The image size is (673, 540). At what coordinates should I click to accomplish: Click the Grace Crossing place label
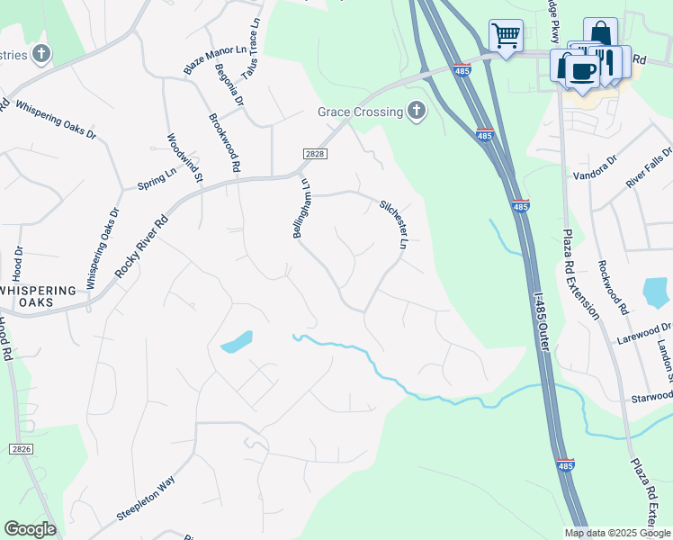coord(359,112)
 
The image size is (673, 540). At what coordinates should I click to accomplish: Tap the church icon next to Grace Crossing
coord(415,112)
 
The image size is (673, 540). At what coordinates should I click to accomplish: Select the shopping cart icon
coord(506,37)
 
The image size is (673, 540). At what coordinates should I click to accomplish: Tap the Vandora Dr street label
coord(596,166)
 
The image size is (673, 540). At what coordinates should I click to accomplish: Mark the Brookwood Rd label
coord(224,142)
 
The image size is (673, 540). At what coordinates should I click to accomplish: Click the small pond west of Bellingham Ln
coord(237,341)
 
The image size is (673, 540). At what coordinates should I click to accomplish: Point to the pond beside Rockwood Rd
coord(657,292)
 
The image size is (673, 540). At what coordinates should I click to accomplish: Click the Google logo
coord(30,529)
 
